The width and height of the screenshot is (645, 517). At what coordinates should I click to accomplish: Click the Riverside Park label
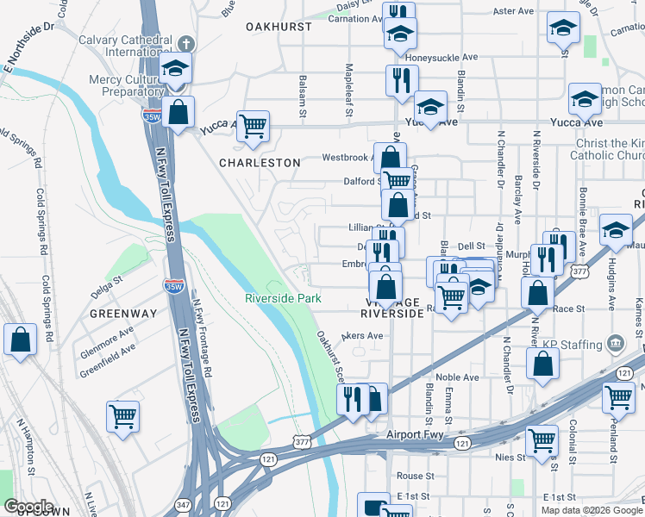pos(283,298)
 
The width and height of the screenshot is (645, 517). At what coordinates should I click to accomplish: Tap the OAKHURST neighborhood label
pos(278,27)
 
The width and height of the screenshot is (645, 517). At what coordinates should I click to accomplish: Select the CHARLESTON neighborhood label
pos(260,162)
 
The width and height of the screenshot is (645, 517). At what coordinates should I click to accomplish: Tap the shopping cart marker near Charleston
pos(254,127)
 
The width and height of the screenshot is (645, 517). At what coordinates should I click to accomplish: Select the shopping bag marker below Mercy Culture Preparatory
pos(178,112)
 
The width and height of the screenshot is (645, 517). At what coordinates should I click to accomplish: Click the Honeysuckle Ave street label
pos(441,58)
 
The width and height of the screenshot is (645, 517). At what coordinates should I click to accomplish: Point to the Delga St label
pos(107,278)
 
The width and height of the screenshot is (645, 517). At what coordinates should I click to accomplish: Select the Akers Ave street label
pos(362,335)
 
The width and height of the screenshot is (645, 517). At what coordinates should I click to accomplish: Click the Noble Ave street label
pos(457,377)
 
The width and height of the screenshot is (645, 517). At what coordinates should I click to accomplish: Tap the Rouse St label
pos(415,476)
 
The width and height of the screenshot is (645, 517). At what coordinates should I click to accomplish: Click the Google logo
pos(28,507)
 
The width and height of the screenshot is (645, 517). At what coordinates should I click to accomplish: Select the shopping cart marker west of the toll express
pos(123,416)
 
